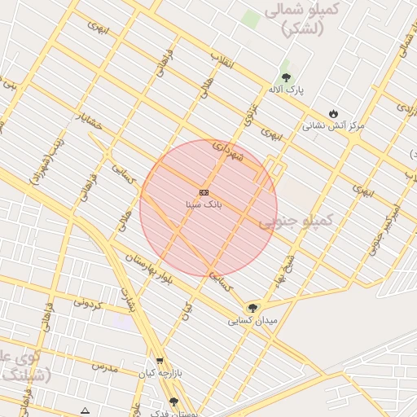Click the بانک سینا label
[x=204, y=204]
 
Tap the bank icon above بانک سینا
[x=204, y=192]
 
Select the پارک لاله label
[x=289, y=90]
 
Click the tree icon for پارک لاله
[x=285, y=77]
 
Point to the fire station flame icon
[x=332, y=113]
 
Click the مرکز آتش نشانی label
[x=333, y=126]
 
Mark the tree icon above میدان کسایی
[x=252, y=308]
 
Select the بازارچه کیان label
[x=159, y=373]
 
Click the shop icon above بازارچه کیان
[x=160, y=361]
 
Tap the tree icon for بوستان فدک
[x=173, y=402]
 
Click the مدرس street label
[x=104, y=367]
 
